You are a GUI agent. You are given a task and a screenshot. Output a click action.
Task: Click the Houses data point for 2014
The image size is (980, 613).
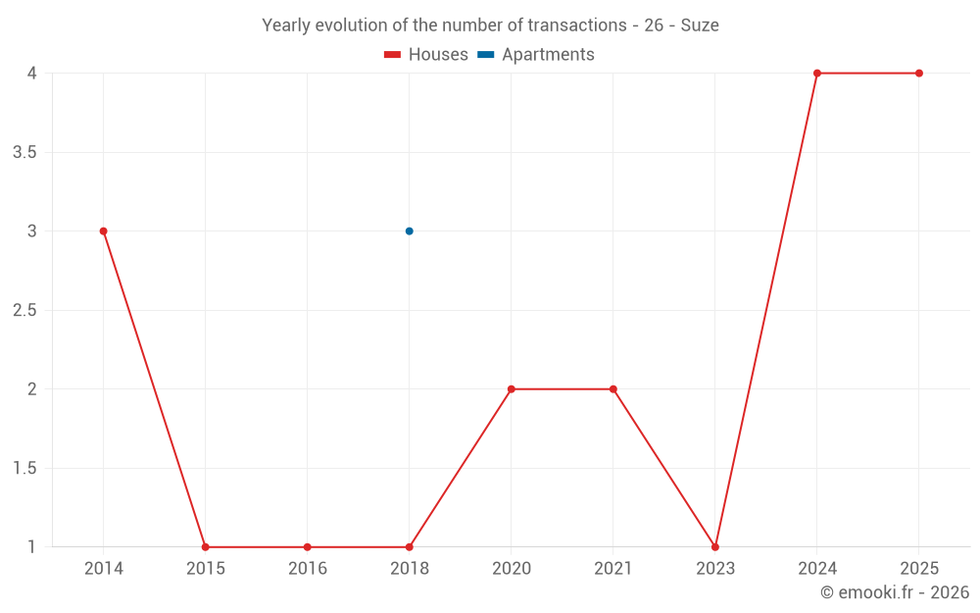click(103, 231)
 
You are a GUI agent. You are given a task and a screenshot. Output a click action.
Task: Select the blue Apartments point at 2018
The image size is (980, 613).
click(410, 231)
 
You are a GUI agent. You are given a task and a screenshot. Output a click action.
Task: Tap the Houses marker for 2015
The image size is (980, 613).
click(205, 547)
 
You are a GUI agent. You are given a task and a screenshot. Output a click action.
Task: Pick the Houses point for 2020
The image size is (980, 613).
click(512, 389)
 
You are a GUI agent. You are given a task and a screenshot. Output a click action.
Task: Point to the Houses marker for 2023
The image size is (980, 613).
click(715, 547)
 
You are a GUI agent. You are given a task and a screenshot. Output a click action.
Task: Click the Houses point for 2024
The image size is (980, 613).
click(817, 74)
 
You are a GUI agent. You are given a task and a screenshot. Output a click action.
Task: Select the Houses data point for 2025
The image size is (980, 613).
click(919, 74)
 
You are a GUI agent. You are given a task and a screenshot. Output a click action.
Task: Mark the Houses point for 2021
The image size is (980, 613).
click(613, 389)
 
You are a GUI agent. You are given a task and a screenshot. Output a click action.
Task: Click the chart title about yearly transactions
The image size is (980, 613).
click(490, 26)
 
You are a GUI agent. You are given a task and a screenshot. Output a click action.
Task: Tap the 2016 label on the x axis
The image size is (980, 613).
click(307, 569)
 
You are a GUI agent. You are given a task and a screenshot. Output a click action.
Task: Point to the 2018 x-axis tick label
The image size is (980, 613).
click(410, 569)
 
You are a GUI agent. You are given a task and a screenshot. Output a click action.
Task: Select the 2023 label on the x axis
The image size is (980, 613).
click(715, 569)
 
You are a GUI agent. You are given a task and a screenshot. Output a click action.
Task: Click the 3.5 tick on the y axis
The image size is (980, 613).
click(24, 153)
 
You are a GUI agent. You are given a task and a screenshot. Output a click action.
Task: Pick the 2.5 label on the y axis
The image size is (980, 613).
click(24, 311)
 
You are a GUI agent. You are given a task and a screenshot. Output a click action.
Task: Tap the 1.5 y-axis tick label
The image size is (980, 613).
click(24, 469)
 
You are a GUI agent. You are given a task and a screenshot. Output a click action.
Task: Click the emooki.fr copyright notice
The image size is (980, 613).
click(895, 592)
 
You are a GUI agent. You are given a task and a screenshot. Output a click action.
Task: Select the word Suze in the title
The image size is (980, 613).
click(700, 26)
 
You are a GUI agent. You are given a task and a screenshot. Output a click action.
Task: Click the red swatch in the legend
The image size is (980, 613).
click(393, 55)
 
